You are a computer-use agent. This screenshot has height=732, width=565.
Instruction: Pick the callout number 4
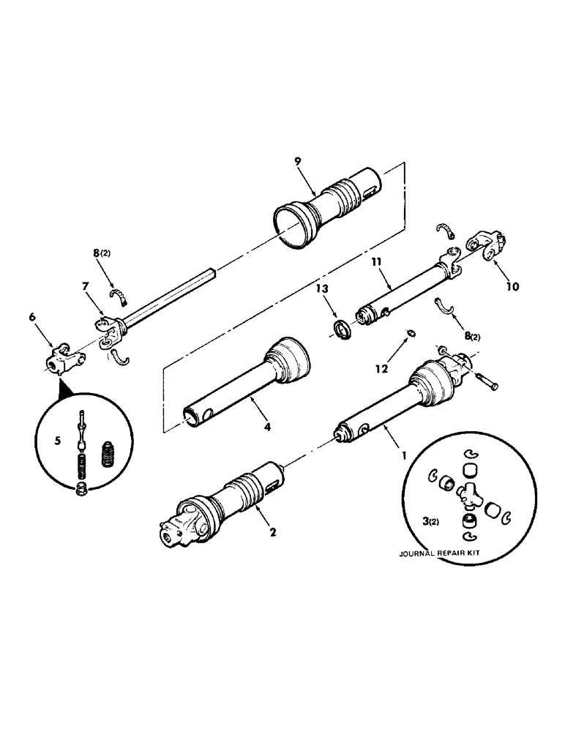[x=266, y=425]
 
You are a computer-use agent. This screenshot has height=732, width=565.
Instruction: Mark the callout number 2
[x=272, y=532]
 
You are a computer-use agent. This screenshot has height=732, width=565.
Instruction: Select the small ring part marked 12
[x=412, y=335]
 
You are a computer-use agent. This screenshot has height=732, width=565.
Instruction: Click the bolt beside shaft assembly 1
[x=484, y=381]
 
